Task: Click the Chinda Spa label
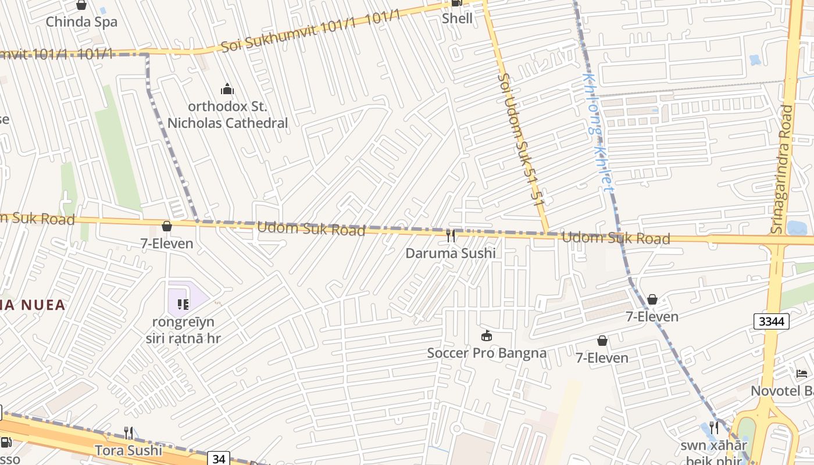point(81,22)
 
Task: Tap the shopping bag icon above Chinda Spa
point(81,5)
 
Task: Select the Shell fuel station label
point(457,18)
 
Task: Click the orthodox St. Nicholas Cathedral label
point(227,115)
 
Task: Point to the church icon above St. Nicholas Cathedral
point(227,89)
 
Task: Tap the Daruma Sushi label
point(451,253)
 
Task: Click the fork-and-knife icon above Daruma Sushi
point(451,235)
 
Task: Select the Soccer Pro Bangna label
point(487,353)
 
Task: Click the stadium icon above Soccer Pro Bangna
point(487,335)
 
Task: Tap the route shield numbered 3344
point(771,321)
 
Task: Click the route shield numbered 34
point(219,459)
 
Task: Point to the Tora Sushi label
point(128,450)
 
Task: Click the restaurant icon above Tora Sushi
point(128,432)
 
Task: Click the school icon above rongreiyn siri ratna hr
point(183,304)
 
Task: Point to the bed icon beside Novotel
point(802,373)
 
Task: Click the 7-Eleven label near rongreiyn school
point(167,244)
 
